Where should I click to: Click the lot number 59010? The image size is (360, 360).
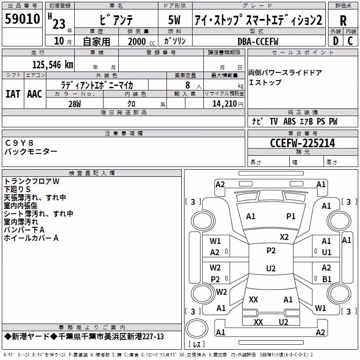pyautogui.click(x=22, y=19)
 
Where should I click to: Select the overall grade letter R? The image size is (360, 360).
pyautogui.click(x=343, y=20)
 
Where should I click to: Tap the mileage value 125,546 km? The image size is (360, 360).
pyautogui.click(x=53, y=65)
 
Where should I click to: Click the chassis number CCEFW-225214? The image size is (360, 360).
pyautogui.click(x=302, y=143)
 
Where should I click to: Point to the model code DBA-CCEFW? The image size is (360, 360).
pyautogui.click(x=258, y=41)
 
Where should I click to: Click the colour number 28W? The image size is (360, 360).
pyautogui.click(x=75, y=104)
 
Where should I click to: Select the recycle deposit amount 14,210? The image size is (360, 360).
pyautogui.click(x=225, y=104)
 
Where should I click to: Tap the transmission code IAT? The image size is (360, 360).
pyautogui.click(x=13, y=94)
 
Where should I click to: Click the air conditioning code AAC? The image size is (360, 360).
pyautogui.click(x=35, y=94)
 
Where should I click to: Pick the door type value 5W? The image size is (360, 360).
pyautogui.click(x=174, y=20)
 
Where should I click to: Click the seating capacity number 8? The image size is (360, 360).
pyautogui.click(x=188, y=85)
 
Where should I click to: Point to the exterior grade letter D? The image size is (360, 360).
pyautogui.click(x=336, y=41)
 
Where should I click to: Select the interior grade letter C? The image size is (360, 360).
pyautogui.click(x=350, y=41)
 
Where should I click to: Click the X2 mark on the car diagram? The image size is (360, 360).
pyautogui.click(x=284, y=237)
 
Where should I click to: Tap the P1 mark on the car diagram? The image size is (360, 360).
pyautogui.click(x=291, y=216)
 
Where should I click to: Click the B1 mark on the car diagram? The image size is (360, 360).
pyautogui.click(x=327, y=279)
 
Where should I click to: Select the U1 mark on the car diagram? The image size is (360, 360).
pyautogui.click(x=327, y=252)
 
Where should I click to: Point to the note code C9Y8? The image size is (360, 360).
pyautogui.click(x=19, y=143)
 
